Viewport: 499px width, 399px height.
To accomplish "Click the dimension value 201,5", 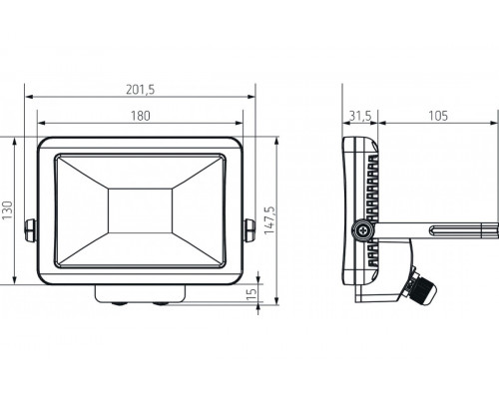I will [x=141, y=89].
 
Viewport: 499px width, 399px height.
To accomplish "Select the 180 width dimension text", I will [x=141, y=116].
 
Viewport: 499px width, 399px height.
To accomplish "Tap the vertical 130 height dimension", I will [x=7, y=211].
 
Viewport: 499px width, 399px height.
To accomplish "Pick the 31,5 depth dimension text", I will [x=360, y=116].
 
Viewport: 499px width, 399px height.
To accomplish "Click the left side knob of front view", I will [x=31, y=230].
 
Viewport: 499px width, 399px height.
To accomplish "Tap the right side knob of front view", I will [x=249, y=230].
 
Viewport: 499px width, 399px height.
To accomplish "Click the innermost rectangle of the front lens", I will [x=141, y=211].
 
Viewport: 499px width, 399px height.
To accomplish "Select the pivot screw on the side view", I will [x=360, y=231].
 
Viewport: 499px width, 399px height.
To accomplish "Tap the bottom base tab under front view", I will [x=141, y=293].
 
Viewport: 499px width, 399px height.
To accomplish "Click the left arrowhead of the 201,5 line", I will [x=28, y=98].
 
